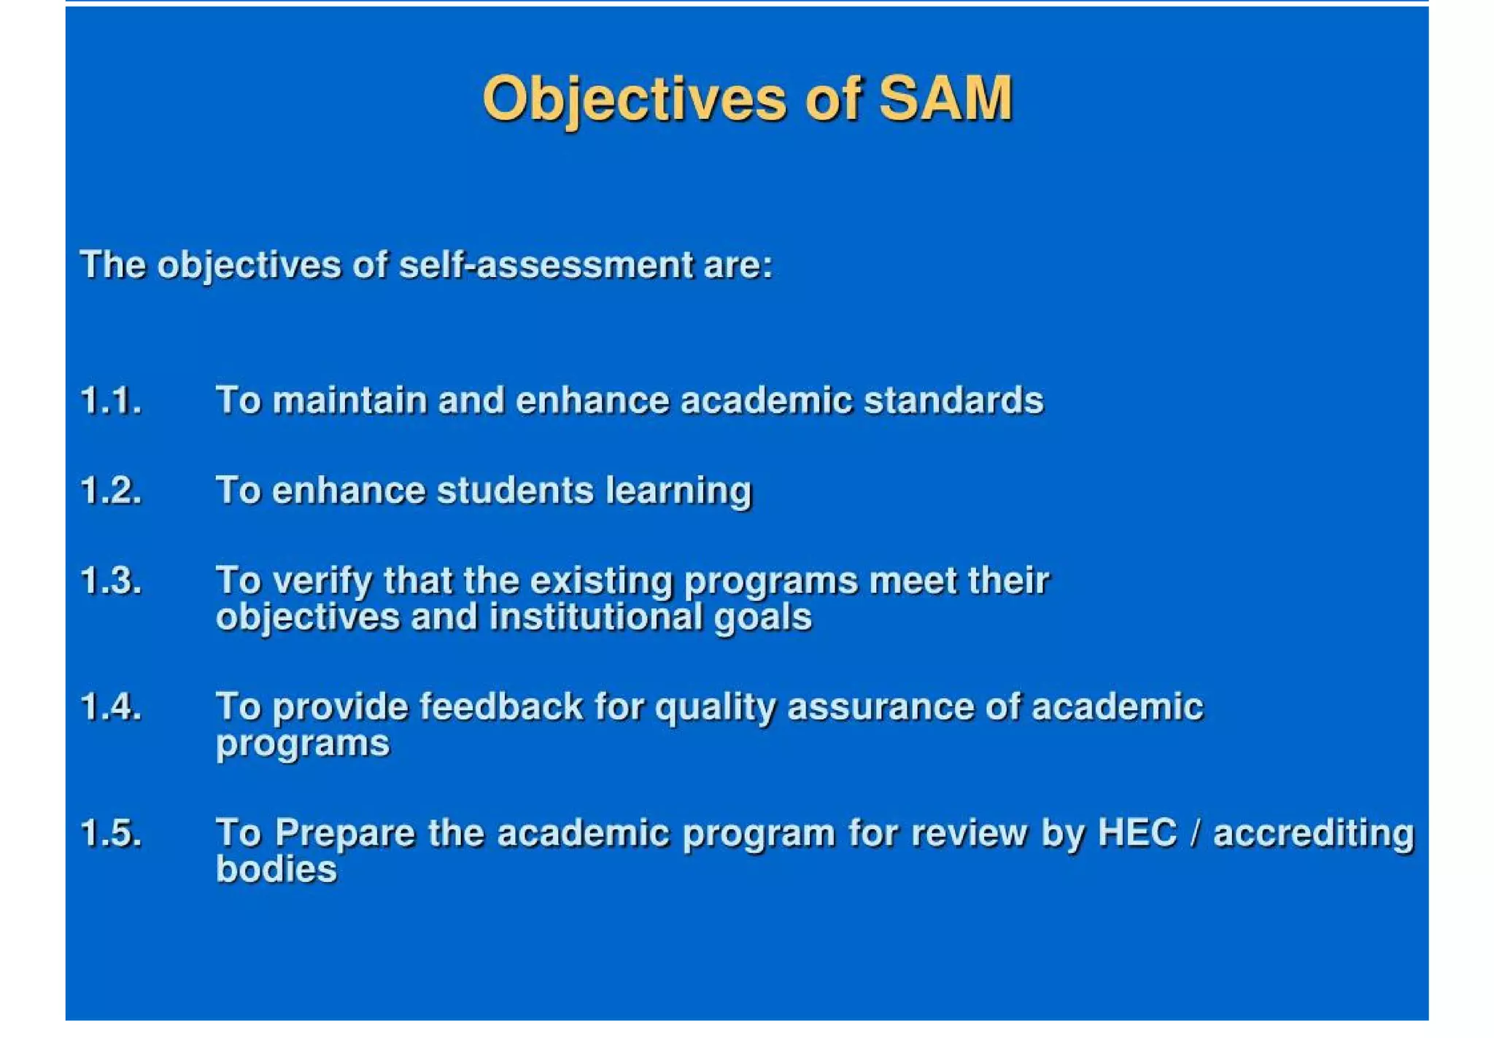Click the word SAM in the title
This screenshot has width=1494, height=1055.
coord(945,99)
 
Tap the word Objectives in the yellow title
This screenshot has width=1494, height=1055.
coord(634,101)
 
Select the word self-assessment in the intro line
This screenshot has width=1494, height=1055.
coord(546,265)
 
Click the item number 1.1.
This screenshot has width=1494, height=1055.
coord(111,401)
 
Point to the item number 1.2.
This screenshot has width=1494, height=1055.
coord(111,491)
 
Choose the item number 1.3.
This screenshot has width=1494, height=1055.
coord(111,582)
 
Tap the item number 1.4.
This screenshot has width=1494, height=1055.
coord(111,707)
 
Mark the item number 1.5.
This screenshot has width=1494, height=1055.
coord(111,833)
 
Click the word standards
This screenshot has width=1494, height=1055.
coord(953,401)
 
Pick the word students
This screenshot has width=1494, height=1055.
coord(515,491)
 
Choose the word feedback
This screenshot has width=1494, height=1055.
coord(501,707)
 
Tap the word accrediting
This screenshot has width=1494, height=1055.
coord(1313,834)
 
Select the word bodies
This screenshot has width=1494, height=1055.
coord(276,869)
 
